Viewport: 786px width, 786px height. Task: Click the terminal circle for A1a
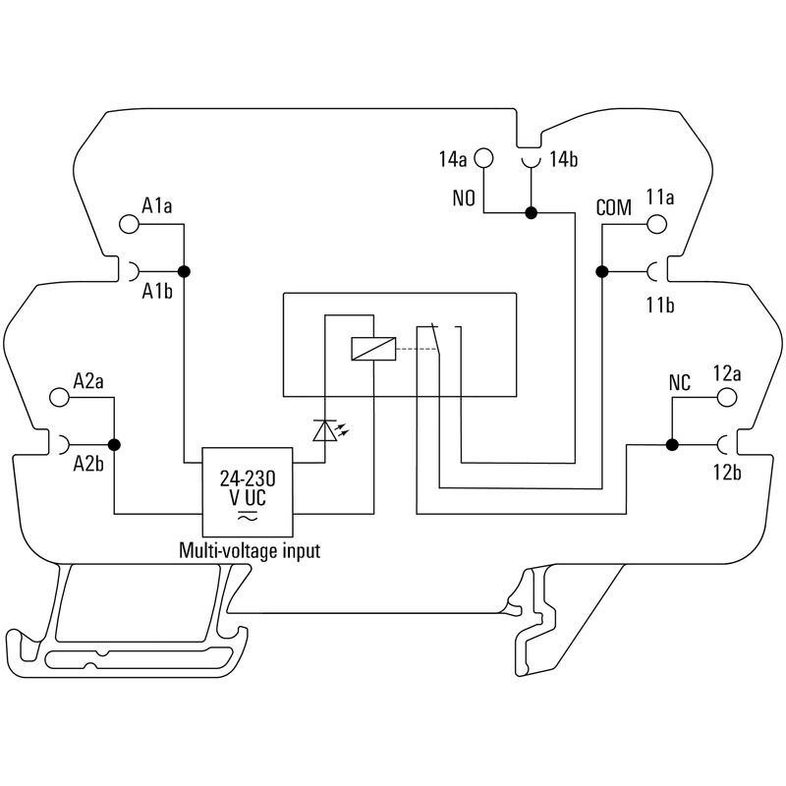click(129, 224)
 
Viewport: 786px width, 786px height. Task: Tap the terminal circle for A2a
click(60, 398)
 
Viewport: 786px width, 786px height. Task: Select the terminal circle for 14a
click(484, 157)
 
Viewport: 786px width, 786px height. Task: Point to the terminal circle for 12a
click(726, 397)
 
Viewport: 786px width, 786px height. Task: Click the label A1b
click(157, 292)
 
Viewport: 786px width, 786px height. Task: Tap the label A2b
click(89, 466)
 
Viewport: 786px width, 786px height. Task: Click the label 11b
click(659, 306)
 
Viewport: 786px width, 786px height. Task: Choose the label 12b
click(727, 474)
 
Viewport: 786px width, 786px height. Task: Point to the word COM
click(613, 208)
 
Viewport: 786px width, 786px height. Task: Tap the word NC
click(679, 382)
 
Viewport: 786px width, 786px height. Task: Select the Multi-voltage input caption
click(249, 551)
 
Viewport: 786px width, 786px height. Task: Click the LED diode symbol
click(324, 429)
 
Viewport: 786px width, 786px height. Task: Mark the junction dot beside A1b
click(183, 270)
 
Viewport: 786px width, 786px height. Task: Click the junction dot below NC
click(672, 445)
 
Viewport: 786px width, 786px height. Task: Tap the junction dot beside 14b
click(531, 212)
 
